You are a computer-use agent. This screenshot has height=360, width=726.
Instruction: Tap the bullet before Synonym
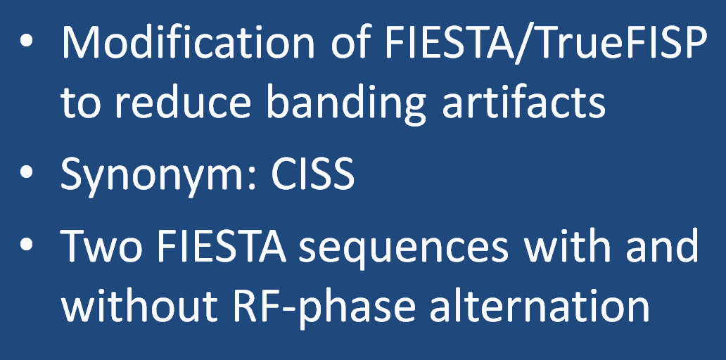point(27,172)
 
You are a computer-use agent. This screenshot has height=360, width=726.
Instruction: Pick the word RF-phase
point(324,307)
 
